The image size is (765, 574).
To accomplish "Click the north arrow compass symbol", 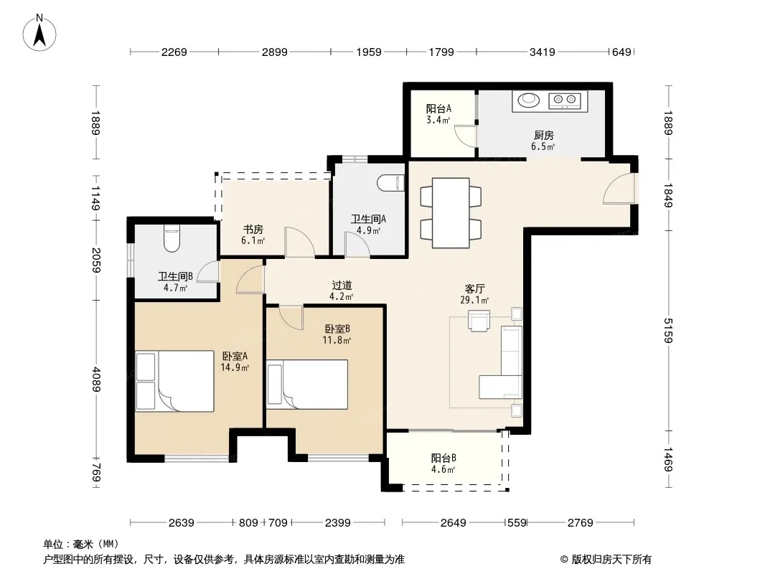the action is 39,33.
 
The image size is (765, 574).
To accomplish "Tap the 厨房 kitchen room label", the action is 543,135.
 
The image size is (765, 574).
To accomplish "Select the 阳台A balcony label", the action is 438,108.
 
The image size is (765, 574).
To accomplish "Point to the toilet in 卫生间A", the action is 391,182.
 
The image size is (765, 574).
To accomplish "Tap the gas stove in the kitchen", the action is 565,100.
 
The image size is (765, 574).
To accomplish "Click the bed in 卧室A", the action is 174,381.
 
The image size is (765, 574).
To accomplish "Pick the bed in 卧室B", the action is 307,385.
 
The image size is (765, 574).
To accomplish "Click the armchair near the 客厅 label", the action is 479,321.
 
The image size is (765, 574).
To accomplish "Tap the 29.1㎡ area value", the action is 474,301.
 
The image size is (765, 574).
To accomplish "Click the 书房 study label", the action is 253,229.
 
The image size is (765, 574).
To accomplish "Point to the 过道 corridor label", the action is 342,286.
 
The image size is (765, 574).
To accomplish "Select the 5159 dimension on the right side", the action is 668,330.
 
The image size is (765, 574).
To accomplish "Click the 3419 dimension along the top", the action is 542,52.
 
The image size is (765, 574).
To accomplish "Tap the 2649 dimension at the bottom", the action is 454,523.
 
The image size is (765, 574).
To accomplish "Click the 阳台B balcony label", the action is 443,458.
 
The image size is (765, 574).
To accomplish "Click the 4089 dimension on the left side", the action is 96,379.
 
